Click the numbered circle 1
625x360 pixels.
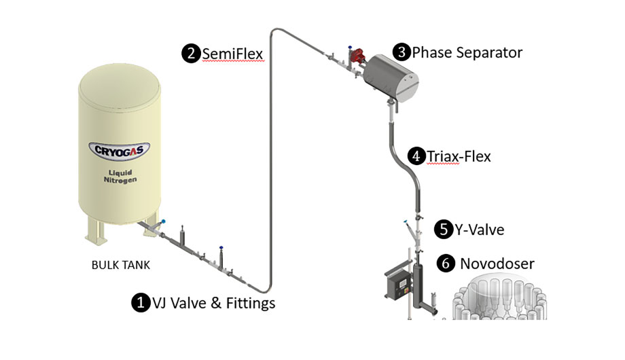[x=140, y=303]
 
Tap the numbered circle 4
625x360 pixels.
[x=417, y=156]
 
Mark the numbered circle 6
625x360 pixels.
[x=446, y=264]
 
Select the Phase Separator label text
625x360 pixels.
[x=467, y=52]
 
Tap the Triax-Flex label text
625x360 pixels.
[x=459, y=156]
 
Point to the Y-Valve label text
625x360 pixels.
[x=479, y=230]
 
